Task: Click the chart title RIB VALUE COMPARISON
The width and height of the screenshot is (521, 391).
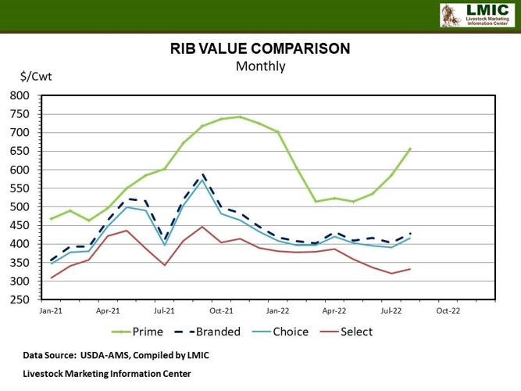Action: coord(260,48)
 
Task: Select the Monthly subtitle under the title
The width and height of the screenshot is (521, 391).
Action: coord(260,66)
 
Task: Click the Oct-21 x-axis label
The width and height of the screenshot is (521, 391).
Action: coord(221,311)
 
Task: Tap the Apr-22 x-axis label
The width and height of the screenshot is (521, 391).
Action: coord(335,311)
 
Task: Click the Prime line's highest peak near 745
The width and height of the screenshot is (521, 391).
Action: coord(240,117)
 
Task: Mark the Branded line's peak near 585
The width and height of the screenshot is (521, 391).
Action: coord(203,175)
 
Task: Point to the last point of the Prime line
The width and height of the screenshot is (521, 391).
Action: coord(411,148)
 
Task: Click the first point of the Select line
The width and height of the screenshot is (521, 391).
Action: coord(52,278)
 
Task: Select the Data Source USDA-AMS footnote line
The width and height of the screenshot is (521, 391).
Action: coord(116,355)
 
